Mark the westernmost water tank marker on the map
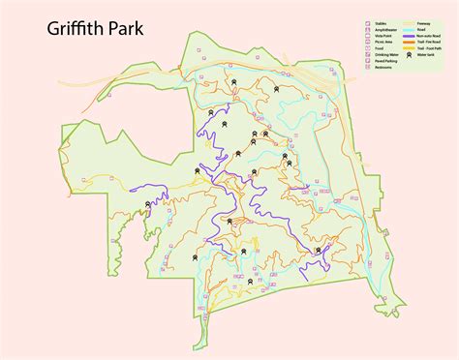point(148,204)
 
